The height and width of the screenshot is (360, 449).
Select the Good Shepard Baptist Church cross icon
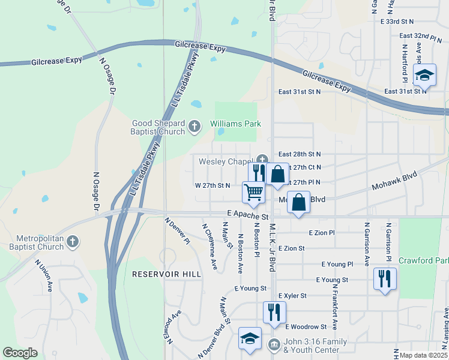194,127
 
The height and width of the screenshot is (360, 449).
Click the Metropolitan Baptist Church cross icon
72,242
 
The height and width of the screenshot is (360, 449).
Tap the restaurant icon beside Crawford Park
385,279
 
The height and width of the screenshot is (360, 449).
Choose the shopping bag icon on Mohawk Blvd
299,202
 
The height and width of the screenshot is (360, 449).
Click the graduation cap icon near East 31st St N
424,75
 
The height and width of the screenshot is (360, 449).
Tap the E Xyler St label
292,296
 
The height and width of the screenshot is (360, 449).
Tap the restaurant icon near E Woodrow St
274,312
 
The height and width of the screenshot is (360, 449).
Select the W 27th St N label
212,185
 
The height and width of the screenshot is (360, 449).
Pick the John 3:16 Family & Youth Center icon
274,345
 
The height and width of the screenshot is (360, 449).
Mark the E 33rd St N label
402,21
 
